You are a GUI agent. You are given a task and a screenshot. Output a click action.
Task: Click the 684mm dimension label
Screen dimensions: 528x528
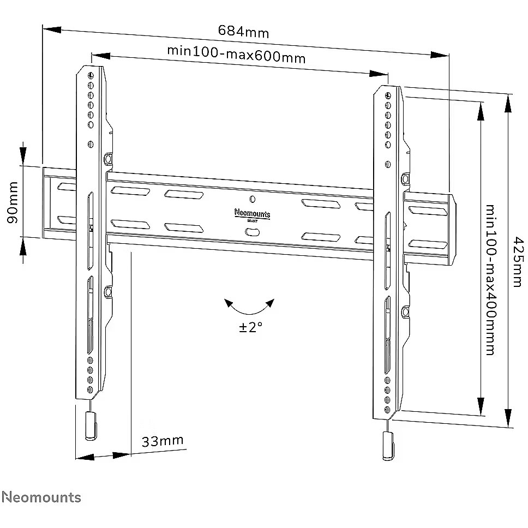pos(243,31)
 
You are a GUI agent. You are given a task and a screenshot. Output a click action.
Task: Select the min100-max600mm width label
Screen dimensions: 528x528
pos(236,55)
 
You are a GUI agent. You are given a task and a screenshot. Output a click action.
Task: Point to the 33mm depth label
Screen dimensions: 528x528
pos(163,441)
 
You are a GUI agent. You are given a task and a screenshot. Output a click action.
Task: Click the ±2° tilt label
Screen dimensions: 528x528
pos(250,328)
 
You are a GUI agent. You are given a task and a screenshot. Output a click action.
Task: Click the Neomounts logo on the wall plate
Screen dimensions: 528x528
pos(252,213)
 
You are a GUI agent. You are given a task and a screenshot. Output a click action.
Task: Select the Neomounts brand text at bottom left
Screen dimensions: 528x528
pos(41,497)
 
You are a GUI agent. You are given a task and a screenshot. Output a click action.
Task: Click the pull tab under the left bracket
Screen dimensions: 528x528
pos(91,426)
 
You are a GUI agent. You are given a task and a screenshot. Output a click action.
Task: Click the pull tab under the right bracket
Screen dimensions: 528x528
pos(388,445)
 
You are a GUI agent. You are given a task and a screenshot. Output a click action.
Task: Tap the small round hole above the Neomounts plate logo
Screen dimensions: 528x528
pos(251,199)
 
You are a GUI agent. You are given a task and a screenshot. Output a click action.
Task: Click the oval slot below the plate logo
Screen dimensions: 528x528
pos(252,232)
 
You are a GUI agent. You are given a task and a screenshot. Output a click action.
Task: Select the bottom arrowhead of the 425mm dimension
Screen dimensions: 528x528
pos(508,420)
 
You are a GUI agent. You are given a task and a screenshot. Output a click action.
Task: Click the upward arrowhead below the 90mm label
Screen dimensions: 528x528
pos(23,248)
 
